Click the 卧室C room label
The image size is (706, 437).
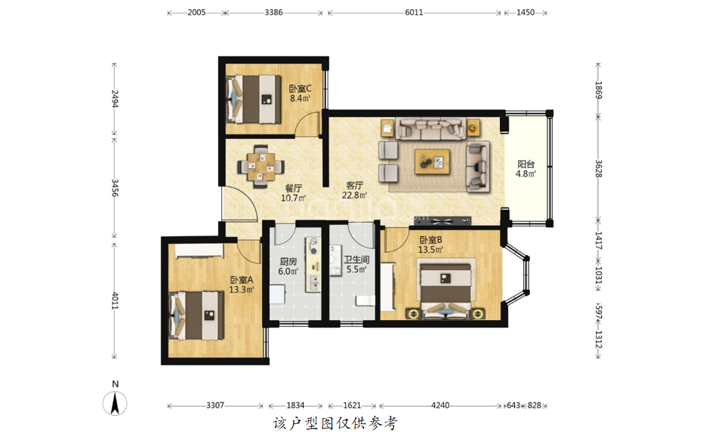coord(300,88)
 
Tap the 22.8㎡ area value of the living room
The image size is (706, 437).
coord(354,195)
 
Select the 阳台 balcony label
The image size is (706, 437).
coord(526,165)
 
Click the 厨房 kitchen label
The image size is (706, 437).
coord(288,261)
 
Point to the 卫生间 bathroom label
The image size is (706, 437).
coord(356,260)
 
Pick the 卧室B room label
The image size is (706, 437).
coord(430,240)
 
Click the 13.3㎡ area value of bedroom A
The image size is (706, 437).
coord(242,289)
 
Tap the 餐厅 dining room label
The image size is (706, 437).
coord(294,188)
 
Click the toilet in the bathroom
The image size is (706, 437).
coord(365,300)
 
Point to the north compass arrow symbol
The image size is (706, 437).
coord(115,403)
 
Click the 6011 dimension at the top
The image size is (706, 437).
coord(414,13)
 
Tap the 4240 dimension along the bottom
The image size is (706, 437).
coord(440,405)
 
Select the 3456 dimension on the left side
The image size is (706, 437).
coord(115,188)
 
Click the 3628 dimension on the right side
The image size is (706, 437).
coord(598,168)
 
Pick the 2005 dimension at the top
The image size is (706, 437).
coord(196,13)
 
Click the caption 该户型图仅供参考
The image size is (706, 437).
coord(335,423)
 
